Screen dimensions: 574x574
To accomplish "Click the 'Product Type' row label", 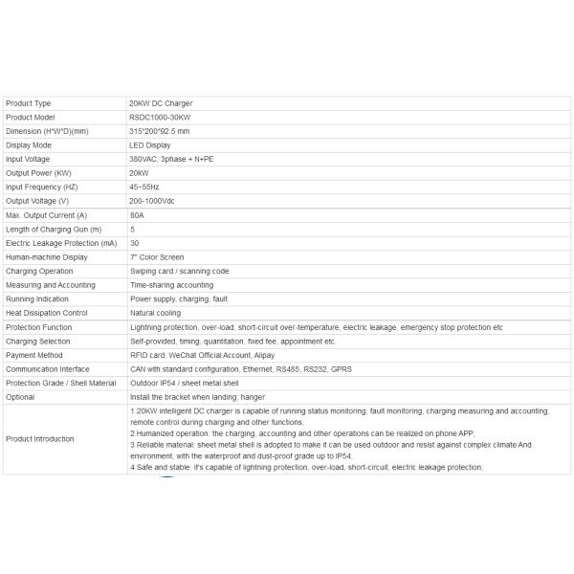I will [x=29, y=103].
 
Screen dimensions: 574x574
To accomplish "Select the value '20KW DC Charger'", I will [x=160, y=103].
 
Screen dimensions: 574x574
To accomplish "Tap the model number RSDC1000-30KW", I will [x=160, y=117].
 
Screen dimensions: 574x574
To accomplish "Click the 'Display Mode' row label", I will [x=29, y=145].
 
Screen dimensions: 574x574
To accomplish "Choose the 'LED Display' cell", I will [x=150, y=145].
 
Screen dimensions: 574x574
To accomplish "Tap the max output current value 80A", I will [x=138, y=215].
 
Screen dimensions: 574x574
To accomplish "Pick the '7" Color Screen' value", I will [x=157, y=257].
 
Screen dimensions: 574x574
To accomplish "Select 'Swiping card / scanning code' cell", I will [x=179, y=272].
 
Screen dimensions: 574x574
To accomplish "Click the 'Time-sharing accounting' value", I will [x=172, y=285].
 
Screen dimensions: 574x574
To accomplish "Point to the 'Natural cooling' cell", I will [x=155, y=313].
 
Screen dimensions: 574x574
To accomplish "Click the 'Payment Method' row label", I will [x=33, y=355].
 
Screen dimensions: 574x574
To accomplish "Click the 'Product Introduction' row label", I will [x=40, y=439].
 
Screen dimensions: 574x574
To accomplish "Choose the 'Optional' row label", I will [x=20, y=397].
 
